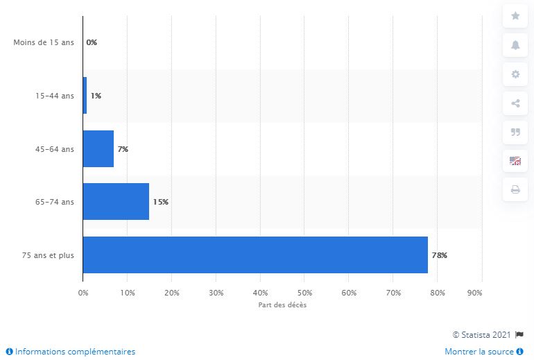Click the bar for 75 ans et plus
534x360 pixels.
pyautogui.click(x=255, y=255)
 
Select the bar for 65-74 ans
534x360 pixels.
pyautogui.click(x=116, y=202)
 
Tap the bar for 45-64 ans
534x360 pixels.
pyautogui.click(x=98, y=148)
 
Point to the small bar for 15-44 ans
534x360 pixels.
pyautogui.click(x=85, y=96)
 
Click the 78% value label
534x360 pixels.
pyautogui.click(x=440, y=255)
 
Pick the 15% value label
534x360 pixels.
pyautogui.click(x=161, y=202)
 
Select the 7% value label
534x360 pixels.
pyautogui.click(x=123, y=149)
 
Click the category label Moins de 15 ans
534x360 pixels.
pyautogui.click(x=43, y=43)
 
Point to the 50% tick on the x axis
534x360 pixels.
pyautogui.click(x=304, y=293)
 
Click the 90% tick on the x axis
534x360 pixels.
pyautogui.click(x=475, y=293)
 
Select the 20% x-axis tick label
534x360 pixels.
pyautogui.click(x=171, y=293)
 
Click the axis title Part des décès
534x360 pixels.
pyautogui.click(x=282, y=306)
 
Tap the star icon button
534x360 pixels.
pyautogui.click(x=515, y=15)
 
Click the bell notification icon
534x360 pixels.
pyautogui.click(x=515, y=45)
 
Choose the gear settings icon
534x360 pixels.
pyautogui.click(x=515, y=74)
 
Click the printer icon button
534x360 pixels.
pyautogui.click(x=515, y=189)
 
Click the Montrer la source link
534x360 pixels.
pyautogui.click(x=479, y=352)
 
